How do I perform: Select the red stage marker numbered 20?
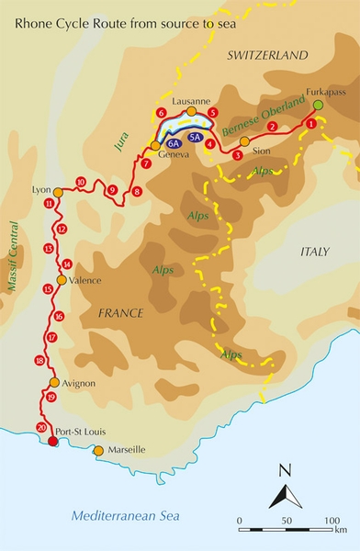click(x=41, y=427)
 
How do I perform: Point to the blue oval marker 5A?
click(x=195, y=137)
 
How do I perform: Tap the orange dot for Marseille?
click(x=98, y=450)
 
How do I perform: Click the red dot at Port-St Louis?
click(x=52, y=442)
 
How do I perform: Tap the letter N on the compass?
click(x=285, y=471)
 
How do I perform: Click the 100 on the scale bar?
click(x=330, y=520)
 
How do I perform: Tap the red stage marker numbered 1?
click(x=311, y=122)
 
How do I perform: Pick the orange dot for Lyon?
click(x=58, y=192)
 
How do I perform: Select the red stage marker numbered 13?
click(x=48, y=249)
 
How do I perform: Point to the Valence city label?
click(x=84, y=281)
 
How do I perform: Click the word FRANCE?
click(x=118, y=313)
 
